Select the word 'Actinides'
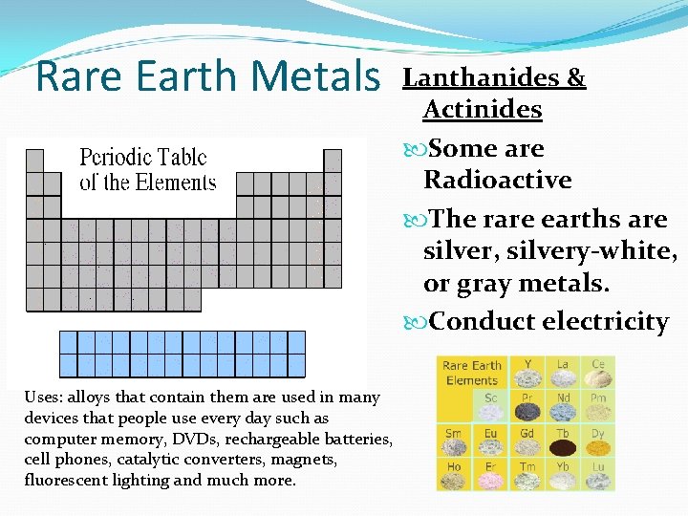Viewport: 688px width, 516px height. (x=483, y=109)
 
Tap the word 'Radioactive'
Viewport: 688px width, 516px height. (x=497, y=180)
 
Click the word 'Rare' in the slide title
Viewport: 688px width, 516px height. (x=78, y=76)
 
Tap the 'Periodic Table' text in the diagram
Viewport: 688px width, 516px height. (x=143, y=157)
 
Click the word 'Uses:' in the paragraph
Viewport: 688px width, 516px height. (x=45, y=397)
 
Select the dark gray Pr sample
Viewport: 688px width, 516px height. (x=527, y=412)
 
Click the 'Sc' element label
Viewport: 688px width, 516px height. (x=490, y=398)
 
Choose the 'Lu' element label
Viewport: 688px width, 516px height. (x=598, y=467)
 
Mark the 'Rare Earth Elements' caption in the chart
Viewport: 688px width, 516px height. (x=472, y=373)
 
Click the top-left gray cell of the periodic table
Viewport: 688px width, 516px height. (x=34, y=160)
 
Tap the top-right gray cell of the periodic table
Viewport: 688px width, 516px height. (x=333, y=160)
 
